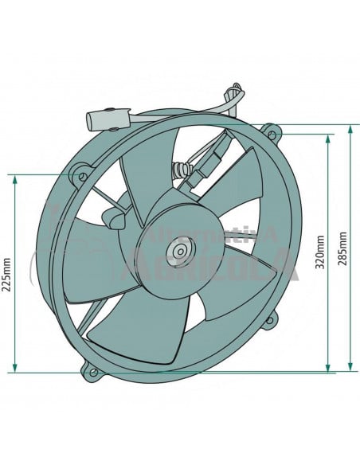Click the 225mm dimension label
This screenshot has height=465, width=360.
click(7, 275)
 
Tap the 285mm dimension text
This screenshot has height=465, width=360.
click(342, 252)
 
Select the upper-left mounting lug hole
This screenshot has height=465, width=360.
click(80, 171)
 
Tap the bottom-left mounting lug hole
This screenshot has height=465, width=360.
click(93, 371)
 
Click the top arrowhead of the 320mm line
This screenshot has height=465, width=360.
click(327, 138)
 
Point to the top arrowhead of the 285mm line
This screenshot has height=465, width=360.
click(350, 128)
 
